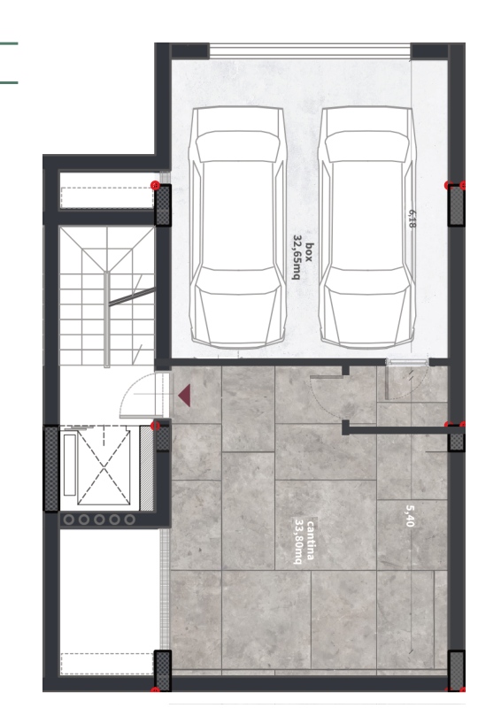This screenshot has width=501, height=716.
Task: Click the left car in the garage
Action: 237,227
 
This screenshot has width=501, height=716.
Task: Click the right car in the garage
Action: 366,227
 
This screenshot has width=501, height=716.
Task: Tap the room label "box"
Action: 310,252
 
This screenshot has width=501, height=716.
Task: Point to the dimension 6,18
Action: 412,219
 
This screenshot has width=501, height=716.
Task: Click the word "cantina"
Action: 311,540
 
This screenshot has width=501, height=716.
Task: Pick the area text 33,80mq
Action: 299,542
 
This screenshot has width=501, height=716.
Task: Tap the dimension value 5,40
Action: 410,516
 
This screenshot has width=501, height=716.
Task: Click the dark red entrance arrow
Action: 184,396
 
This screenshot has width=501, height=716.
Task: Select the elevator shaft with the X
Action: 104,466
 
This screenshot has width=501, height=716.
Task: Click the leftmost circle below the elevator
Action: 69,520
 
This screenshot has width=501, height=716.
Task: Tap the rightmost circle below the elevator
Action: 130,520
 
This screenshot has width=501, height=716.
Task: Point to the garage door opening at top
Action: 310,50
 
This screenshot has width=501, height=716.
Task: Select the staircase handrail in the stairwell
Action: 106,320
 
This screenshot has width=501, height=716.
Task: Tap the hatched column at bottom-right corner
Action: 456,669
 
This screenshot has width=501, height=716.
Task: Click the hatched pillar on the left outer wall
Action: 51,468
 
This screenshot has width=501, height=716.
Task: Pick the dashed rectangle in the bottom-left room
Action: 107,664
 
